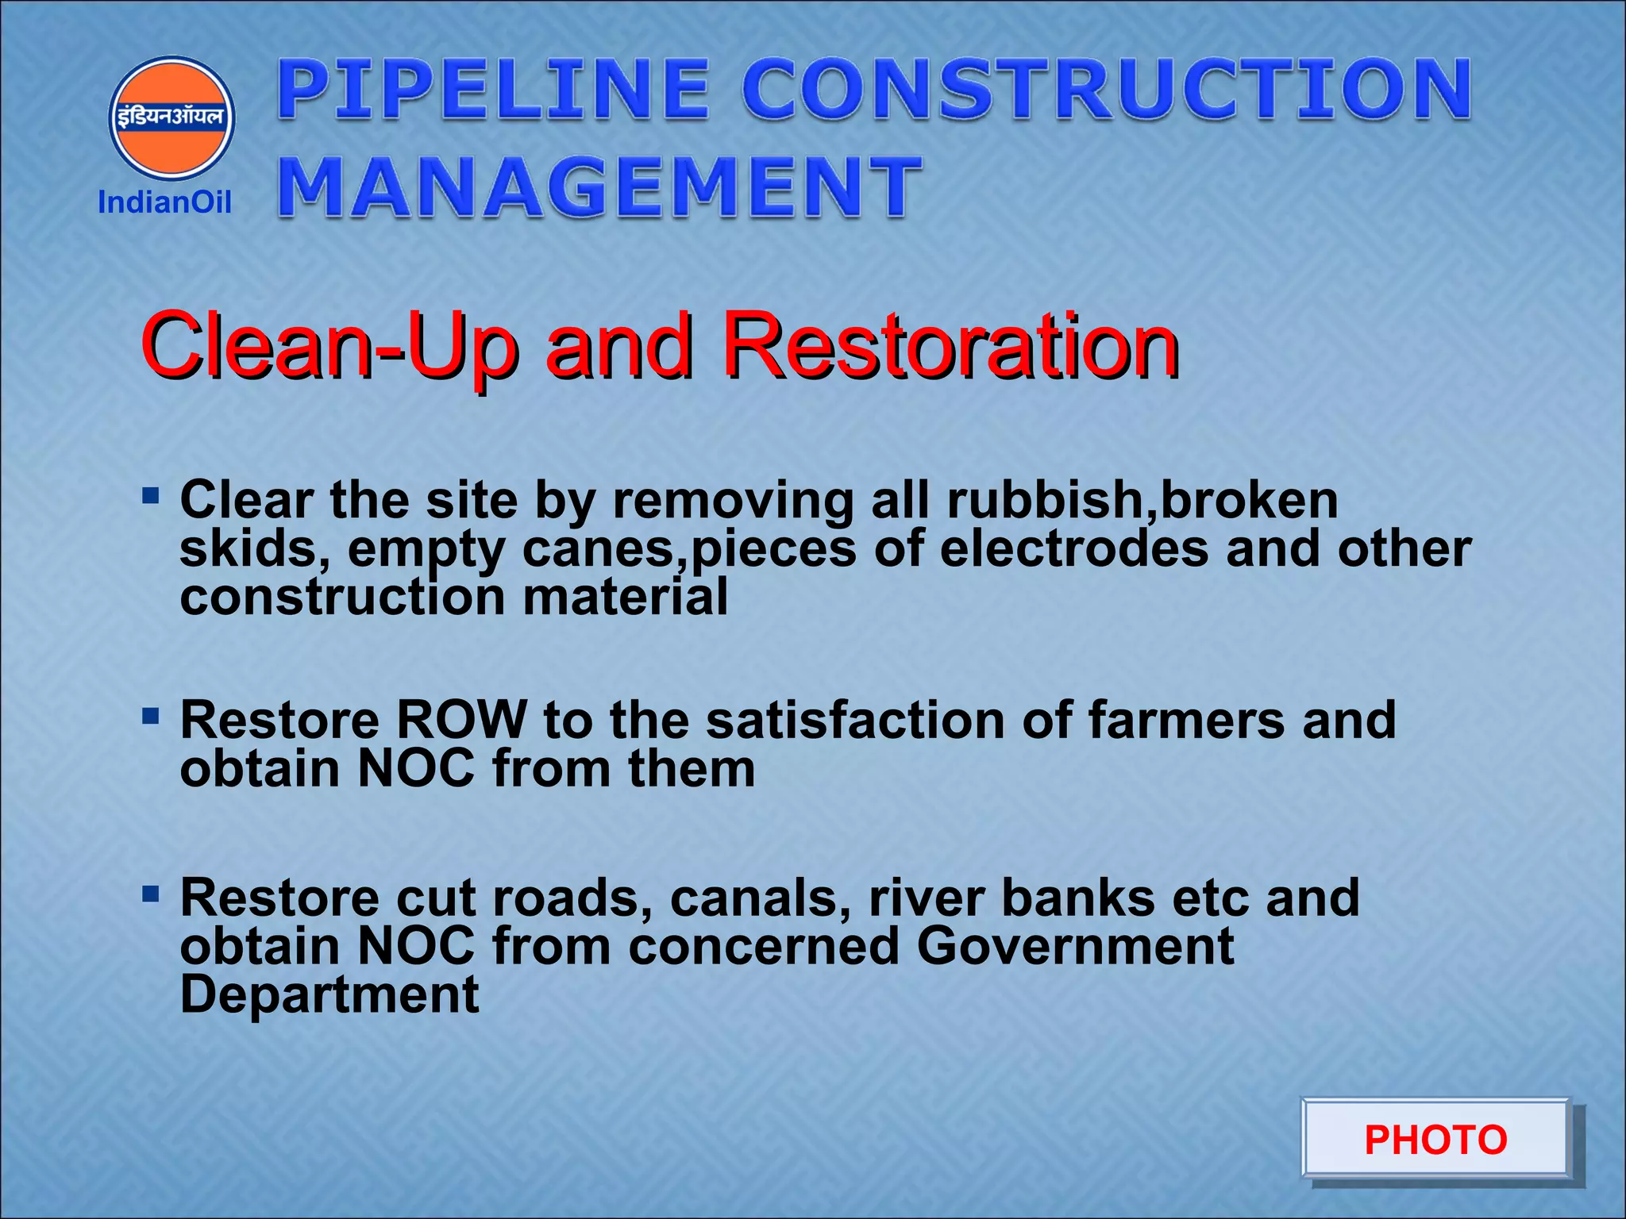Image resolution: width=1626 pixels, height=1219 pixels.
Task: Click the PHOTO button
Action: point(1435,1140)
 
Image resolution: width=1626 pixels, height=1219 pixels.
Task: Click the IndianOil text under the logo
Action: point(164,202)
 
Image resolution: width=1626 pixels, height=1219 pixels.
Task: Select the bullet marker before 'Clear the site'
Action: point(150,497)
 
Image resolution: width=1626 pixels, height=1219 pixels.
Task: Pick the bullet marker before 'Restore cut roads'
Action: point(150,895)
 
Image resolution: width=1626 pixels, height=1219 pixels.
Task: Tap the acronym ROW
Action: point(461,720)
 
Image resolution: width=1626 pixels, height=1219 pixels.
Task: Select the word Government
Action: point(1076,946)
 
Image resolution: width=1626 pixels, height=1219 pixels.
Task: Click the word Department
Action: point(329,994)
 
